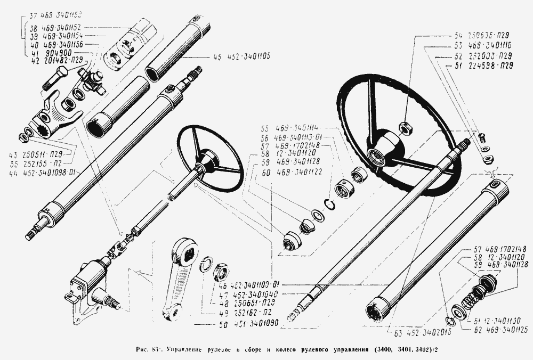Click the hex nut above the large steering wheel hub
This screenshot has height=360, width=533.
click(405, 127)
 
